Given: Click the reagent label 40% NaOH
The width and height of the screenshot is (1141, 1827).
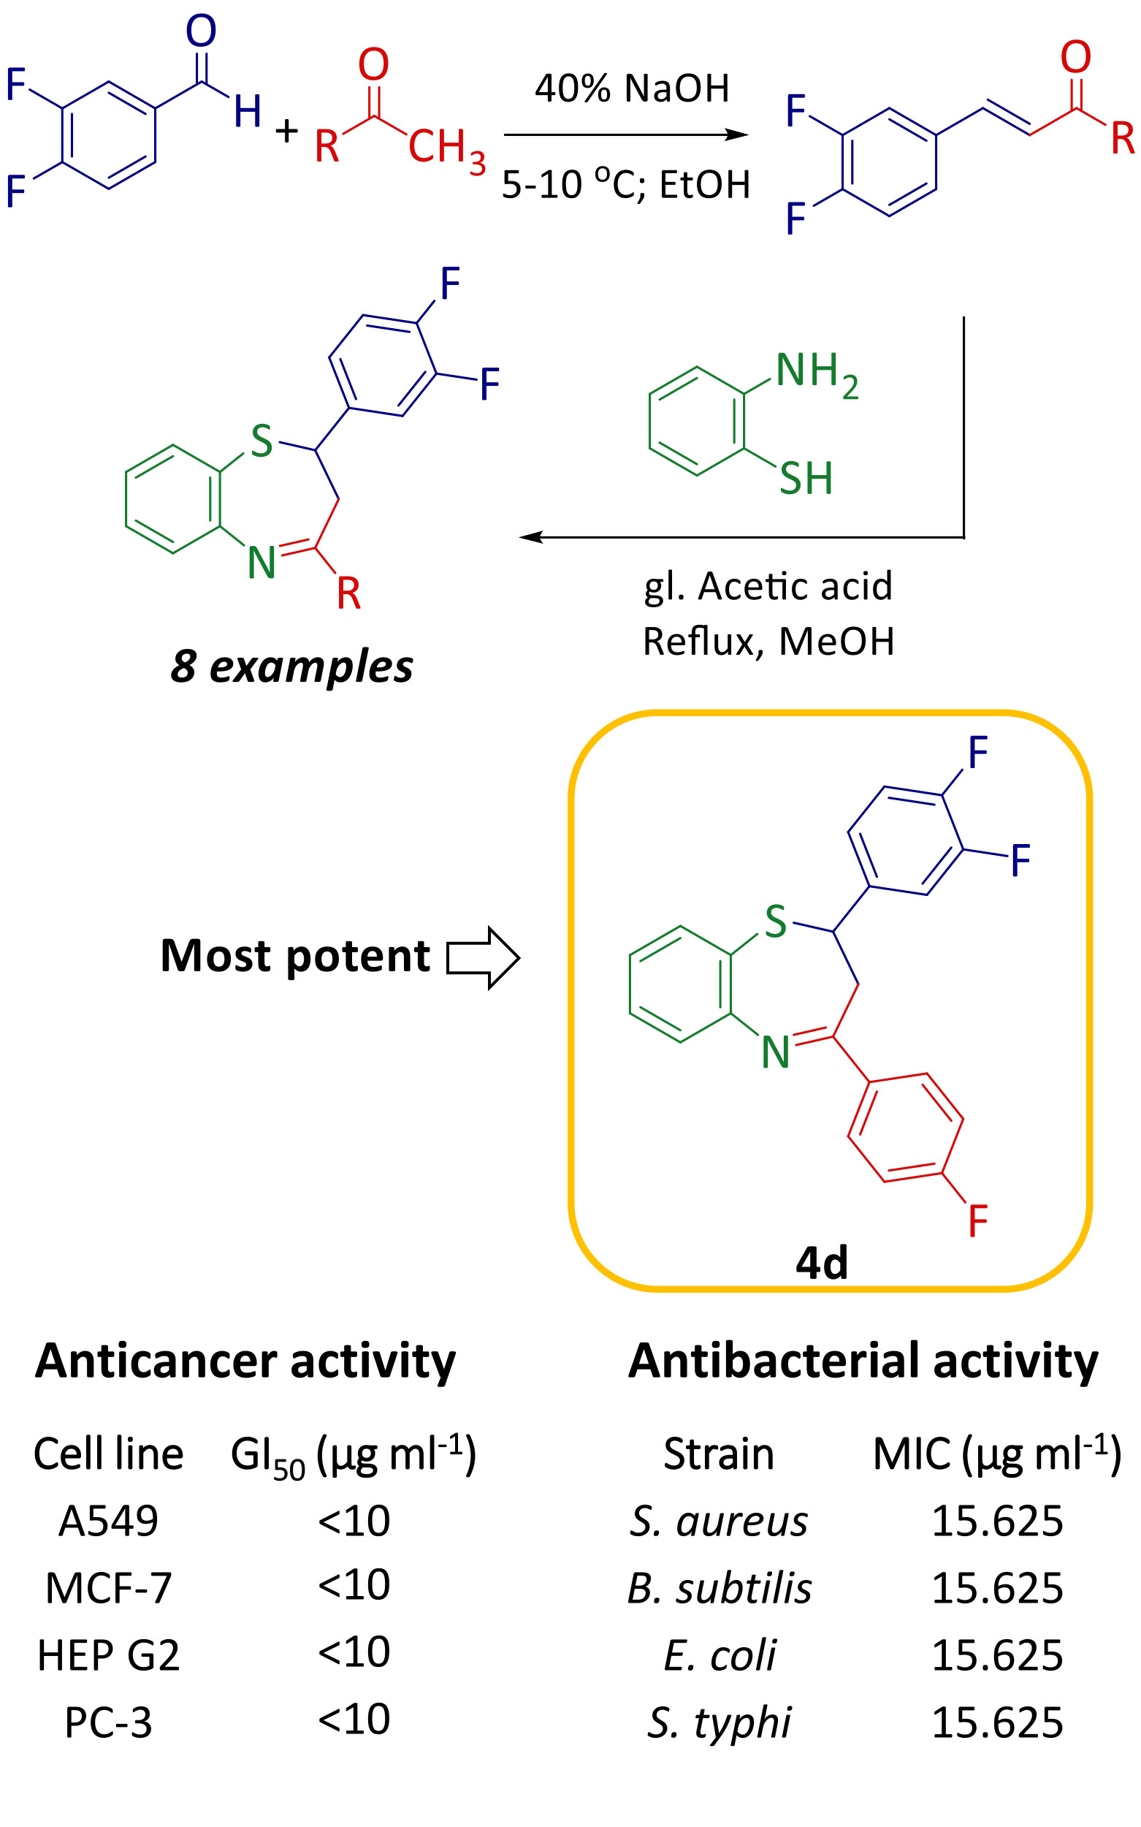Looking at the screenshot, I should click(x=632, y=88).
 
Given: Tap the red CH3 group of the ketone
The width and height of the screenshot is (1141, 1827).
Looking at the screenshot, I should click(x=446, y=148).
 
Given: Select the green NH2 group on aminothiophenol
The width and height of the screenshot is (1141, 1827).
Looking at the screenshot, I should click(x=816, y=373).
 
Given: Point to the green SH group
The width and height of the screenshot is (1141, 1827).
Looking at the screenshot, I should click(x=805, y=479).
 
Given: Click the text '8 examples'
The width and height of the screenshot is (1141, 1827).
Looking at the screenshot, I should click(x=291, y=666).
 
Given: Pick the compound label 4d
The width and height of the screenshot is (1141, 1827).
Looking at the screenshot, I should click(x=822, y=1263).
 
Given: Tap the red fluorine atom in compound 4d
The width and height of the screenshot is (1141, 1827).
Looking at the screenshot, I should click(x=977, y=1220).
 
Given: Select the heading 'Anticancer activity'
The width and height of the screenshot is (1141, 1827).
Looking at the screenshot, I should click(x=245, y=1361).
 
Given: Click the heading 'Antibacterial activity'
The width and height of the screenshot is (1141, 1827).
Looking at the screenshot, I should click(x=863, y=1361).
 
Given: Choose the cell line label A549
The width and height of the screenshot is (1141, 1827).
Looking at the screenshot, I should click(x=109, y=1521).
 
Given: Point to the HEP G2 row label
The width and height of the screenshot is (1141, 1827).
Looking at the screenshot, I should click(x=109, y=1655).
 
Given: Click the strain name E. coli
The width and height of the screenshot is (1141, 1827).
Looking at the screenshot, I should click(x=720, y=1655).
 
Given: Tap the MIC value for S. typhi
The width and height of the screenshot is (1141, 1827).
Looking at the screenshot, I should click(x=997, y=1722).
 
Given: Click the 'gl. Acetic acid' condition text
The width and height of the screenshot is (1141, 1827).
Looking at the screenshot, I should click(x=768, y=587).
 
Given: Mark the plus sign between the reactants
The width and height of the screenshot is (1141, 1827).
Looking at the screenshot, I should click(x=287, y=132).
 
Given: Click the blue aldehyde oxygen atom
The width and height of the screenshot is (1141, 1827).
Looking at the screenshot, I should click(x=201, y=31).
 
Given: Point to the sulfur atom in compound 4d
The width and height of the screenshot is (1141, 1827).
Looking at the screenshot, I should click(x=776, y=922).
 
